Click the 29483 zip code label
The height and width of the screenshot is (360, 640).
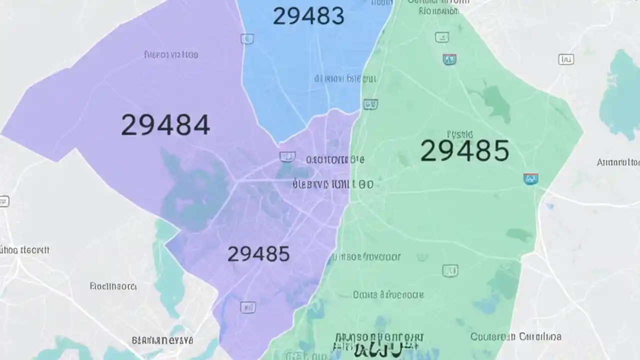[x=308, y=16]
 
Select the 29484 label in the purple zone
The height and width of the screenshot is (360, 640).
[x=165, y=125]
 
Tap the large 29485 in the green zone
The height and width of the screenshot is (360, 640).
[x=464, y=150]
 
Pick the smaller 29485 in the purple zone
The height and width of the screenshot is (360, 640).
[x=258, y=254]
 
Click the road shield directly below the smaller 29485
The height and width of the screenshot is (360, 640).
[x=247, y=307]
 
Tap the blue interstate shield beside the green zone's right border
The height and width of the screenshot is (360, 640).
[x=530, y=179]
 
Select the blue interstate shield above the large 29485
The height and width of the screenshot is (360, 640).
[x=449, y=60]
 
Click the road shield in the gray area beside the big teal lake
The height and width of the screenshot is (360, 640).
[x=566, y=60]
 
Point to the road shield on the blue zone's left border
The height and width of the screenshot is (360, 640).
[x=247, y=38]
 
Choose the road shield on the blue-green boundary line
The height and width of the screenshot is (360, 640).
[x=370, y=104]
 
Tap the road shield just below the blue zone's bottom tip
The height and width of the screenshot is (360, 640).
[x=287, y=157]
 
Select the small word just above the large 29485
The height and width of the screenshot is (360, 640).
[x=459, y=134]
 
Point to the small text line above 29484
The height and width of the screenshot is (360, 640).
[x=170, y=54]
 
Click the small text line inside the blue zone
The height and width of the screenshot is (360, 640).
[x=345, y=78]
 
